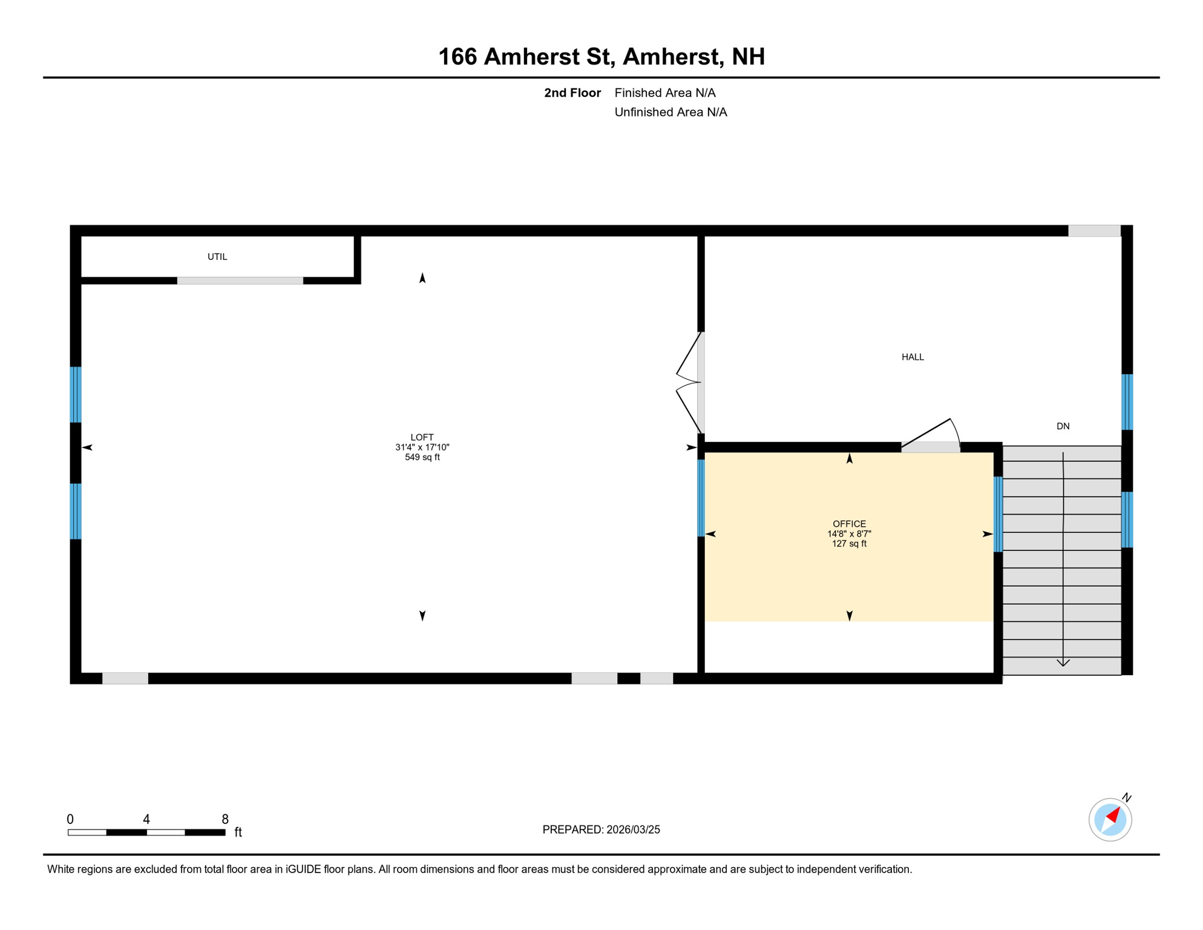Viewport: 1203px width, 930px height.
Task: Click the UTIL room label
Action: pyautogui.click(x=217, y=257)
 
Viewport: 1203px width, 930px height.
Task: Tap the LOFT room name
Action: pyautogui.click(x=422, y=437)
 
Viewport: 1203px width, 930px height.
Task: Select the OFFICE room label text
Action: pyautogui.click(x=849, y=524)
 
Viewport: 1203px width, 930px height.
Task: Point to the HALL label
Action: pyautogui.click(x=913, y=357)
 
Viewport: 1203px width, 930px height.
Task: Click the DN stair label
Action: pyautogui.click(x=1063, y=426)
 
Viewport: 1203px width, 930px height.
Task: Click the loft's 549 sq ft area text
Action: pyautogui.click(x=422, y=457)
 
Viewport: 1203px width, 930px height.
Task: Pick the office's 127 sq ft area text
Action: pyautogui.click(x=849, y=544)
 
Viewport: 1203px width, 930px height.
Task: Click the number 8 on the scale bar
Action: pyautogui.click(x=225, y=819)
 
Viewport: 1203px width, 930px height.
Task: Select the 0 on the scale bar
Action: pyautogui.click(x=70, y=819)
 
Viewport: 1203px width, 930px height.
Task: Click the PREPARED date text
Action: pyautogui.click(x=601, y=829)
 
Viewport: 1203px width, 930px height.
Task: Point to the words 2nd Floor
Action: pyautogui.click(x=572, y=93)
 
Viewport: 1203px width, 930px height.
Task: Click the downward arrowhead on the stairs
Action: pyautogui.click(x=1063, y=662)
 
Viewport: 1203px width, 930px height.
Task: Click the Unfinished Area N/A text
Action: pyautogui.click(x=670, y=112)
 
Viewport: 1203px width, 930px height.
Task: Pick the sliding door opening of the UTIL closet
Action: pyautogui.click(x=240, y=281)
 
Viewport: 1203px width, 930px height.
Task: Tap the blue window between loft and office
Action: pyautogui.click(x=701, y=498)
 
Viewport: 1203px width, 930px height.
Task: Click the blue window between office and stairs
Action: pyautogui.click(x=998, y=515)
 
